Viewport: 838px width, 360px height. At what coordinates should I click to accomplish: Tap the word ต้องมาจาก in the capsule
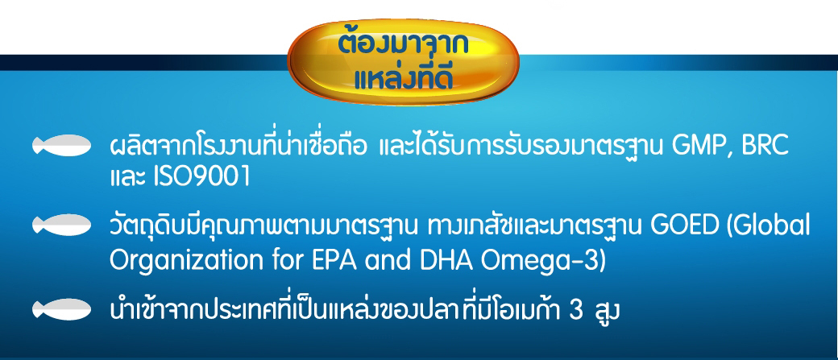[404, 45]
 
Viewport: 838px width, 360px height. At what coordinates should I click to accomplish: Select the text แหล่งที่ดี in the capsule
[404, 77]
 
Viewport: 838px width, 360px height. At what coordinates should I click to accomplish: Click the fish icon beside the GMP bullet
[61, 145]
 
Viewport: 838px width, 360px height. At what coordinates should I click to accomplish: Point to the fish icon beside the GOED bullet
[61, 225]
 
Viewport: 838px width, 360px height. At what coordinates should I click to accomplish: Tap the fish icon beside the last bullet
[61, 310]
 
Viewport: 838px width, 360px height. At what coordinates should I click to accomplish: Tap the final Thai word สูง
[606, 310]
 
